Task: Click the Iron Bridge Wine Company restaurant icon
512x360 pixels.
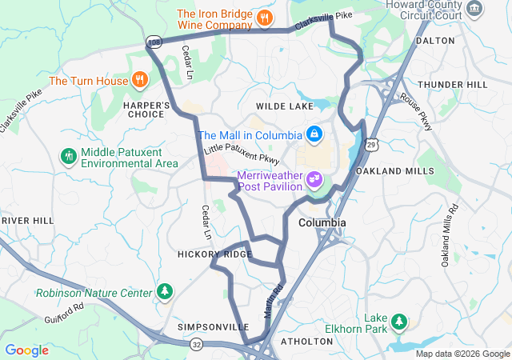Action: pyautogui.click(x=265, y=16)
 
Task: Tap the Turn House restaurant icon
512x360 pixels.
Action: pyautogui.click(x=140, y=79)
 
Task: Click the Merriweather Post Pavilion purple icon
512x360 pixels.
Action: pyautogui.click(x=314, y=178)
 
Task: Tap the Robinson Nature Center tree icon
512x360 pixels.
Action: pyautogui.click(x=165, y=290)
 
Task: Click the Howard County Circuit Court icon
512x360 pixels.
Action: pyautogui.click(x=475, y=10)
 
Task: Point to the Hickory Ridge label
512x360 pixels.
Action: pyautogui.click(x=214, y=254)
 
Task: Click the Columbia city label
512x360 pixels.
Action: pyautogui.click(x=322, y=222)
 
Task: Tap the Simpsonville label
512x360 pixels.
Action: pyautogui.click(x=213, y=327)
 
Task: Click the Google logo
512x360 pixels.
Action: pyautogui.click(x=27, y=350)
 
